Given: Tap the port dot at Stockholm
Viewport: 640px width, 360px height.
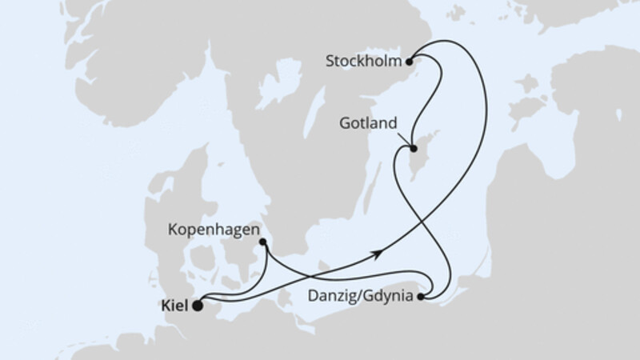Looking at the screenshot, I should tap(410, 60).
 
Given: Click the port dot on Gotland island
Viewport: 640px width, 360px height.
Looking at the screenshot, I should tap(413, 148).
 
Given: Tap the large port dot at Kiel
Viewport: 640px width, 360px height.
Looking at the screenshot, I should tap(198, 304).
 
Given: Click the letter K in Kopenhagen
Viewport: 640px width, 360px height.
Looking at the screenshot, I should tap(172, 230).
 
